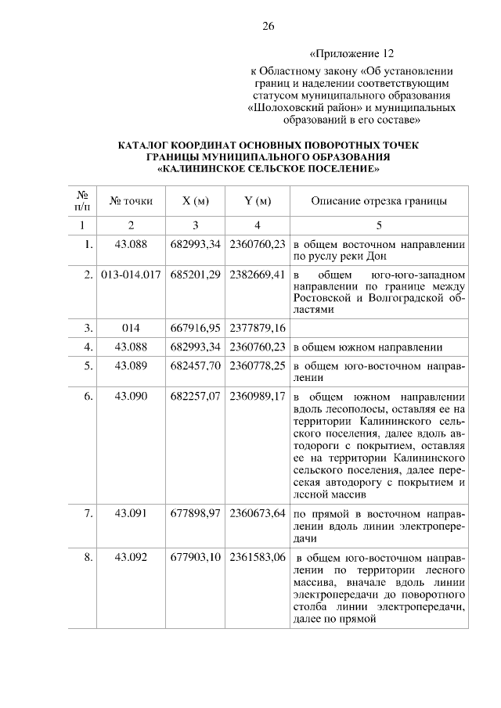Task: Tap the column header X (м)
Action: [195, 202]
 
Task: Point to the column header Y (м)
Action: [258, 202]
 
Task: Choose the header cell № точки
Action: [132, 202]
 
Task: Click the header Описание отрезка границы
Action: [379, 202]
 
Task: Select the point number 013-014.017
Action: [132, 276]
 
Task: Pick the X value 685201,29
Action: [195, 276]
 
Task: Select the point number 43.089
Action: [132, 366]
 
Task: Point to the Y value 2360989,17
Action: [258, 397]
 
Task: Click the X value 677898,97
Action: [195, 514]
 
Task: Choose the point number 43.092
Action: [132, 558]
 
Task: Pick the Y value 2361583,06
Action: [258, 558]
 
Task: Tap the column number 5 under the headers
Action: [379, 225]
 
